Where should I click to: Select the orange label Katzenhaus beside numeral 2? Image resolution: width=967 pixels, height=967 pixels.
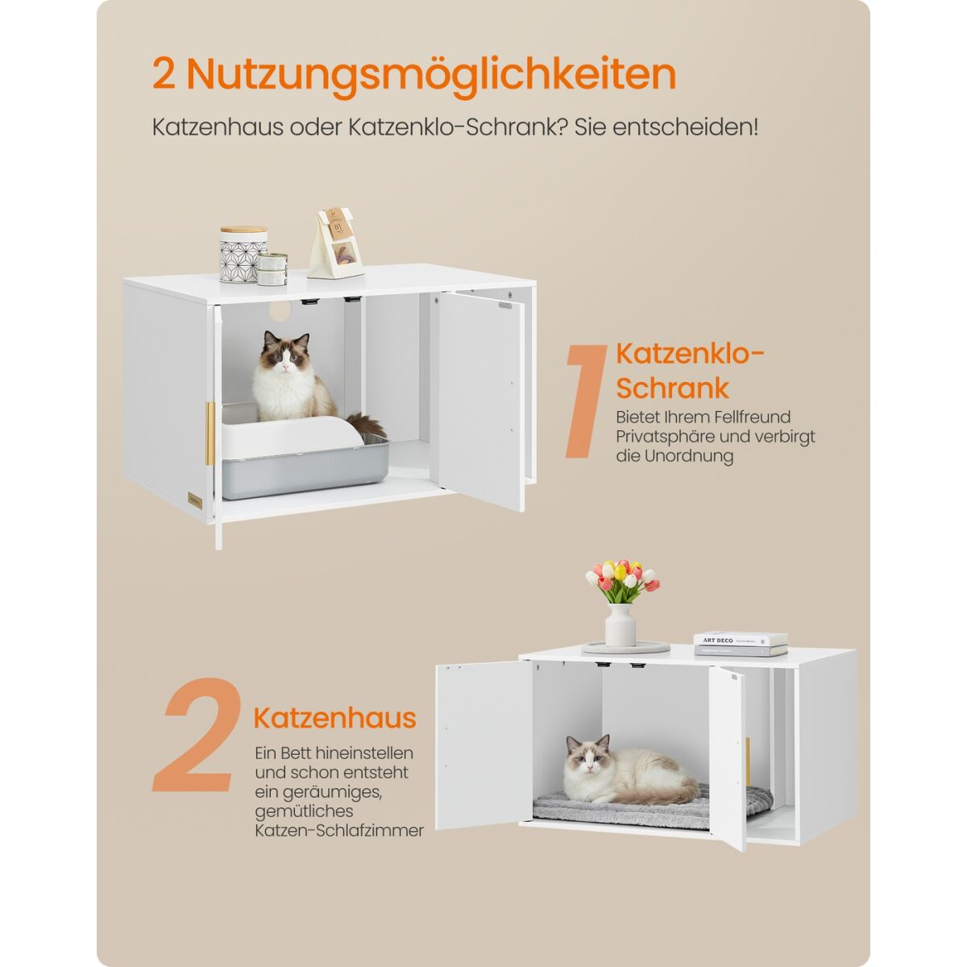[x=334, y=718]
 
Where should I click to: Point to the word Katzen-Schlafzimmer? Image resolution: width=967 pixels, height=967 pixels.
[x=339, y=830]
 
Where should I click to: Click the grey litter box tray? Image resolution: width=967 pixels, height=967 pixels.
[x=305, y=467]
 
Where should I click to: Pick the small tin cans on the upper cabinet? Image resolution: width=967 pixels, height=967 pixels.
[x=272, y=269]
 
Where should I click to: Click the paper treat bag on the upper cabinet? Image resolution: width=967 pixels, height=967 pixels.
[x=336, y=243]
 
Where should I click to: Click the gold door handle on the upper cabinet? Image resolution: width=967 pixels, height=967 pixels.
[x=210, y=433]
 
